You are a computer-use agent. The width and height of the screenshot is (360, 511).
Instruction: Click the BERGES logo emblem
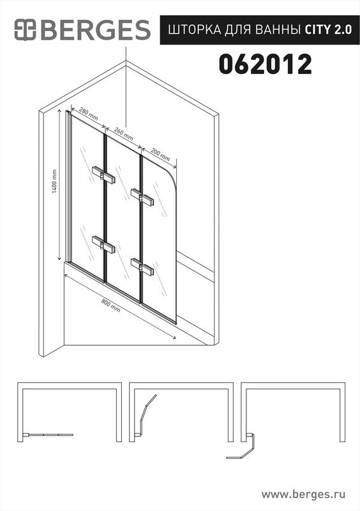25,29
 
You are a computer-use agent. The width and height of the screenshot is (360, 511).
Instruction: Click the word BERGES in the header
95,30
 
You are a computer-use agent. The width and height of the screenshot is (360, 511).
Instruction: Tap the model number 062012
265,64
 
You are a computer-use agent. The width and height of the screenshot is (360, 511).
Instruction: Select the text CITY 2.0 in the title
328,30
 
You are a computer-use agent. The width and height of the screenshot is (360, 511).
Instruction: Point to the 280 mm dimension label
88,114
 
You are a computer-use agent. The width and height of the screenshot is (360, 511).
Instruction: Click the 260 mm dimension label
124,133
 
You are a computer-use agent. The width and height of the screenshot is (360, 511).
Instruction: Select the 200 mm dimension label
160,154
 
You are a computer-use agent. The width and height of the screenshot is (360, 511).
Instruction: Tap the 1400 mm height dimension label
54,181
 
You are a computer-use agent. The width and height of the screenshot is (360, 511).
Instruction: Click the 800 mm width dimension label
110,306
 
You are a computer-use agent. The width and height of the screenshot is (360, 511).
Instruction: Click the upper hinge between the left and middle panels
103,175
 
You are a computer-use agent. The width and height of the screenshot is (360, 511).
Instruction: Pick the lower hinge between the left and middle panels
103,244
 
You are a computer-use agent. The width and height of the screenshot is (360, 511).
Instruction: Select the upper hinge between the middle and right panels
142,197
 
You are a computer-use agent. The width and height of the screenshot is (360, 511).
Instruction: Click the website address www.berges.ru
303,494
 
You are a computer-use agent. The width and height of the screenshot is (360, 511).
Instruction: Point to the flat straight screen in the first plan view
49,434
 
